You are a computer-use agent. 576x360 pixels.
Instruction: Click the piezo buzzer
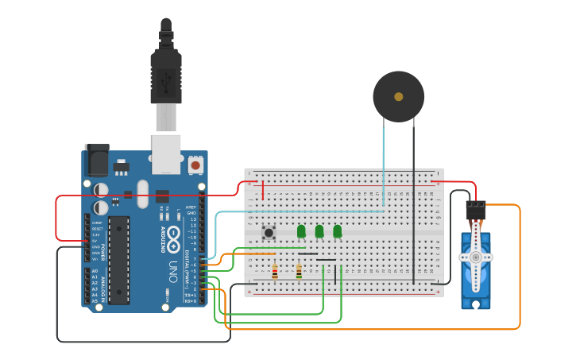pos(398,96)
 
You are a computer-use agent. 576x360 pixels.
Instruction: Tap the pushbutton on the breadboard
pos(269,233)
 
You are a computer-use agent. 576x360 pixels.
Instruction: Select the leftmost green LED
pos(301,231)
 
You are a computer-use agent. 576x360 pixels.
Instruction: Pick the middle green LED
pos(319,231)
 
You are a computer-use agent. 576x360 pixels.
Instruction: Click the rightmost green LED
pos(338,231)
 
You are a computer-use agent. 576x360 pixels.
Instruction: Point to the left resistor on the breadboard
pos(275,272)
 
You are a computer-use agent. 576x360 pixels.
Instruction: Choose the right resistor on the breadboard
pos(299,272)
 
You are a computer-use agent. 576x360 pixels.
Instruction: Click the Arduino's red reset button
pos(195,165)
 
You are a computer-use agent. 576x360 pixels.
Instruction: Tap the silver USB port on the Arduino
pos(166,155)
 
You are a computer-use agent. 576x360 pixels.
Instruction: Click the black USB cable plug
pos(166,75)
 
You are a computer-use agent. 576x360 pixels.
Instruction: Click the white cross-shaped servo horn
pos(476,257)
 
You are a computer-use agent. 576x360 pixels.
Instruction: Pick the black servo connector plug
pos(476,210)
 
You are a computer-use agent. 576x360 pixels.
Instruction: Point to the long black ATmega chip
pos(119,260)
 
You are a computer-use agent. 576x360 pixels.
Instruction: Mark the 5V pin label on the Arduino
pos(96,241)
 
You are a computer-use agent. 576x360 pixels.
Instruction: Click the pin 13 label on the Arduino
pos(191,219)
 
